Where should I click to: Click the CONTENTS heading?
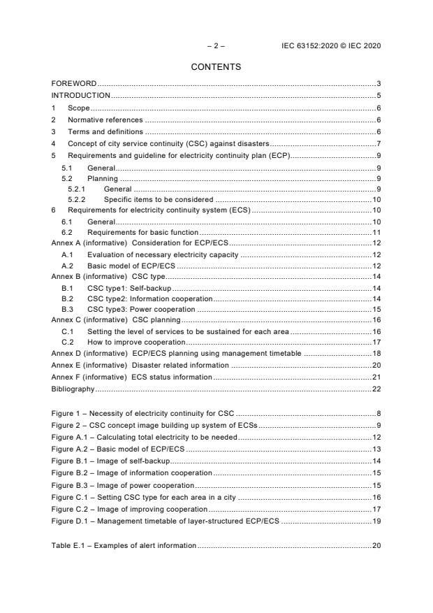coord(216,67)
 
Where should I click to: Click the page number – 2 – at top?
coord(216,45)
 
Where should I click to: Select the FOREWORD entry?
coord(74,84)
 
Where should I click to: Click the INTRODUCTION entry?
coord(81,95)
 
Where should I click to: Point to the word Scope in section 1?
coord(78,108)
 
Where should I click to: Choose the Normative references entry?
coord(105,120)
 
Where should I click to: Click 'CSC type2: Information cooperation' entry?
coord(149,298)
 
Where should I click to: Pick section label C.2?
coord(68,342)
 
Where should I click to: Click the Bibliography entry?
coord(73,388)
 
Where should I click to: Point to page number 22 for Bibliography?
coord(376,388)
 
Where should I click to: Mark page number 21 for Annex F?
coord(376,377)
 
